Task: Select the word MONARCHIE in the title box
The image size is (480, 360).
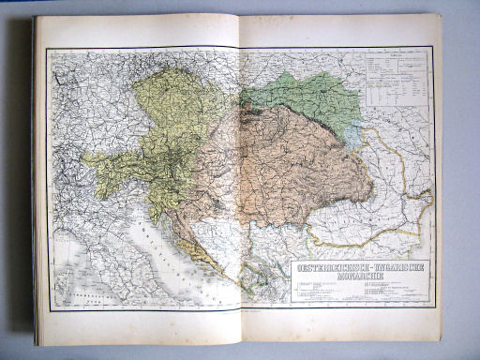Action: (x=359, y=278)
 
